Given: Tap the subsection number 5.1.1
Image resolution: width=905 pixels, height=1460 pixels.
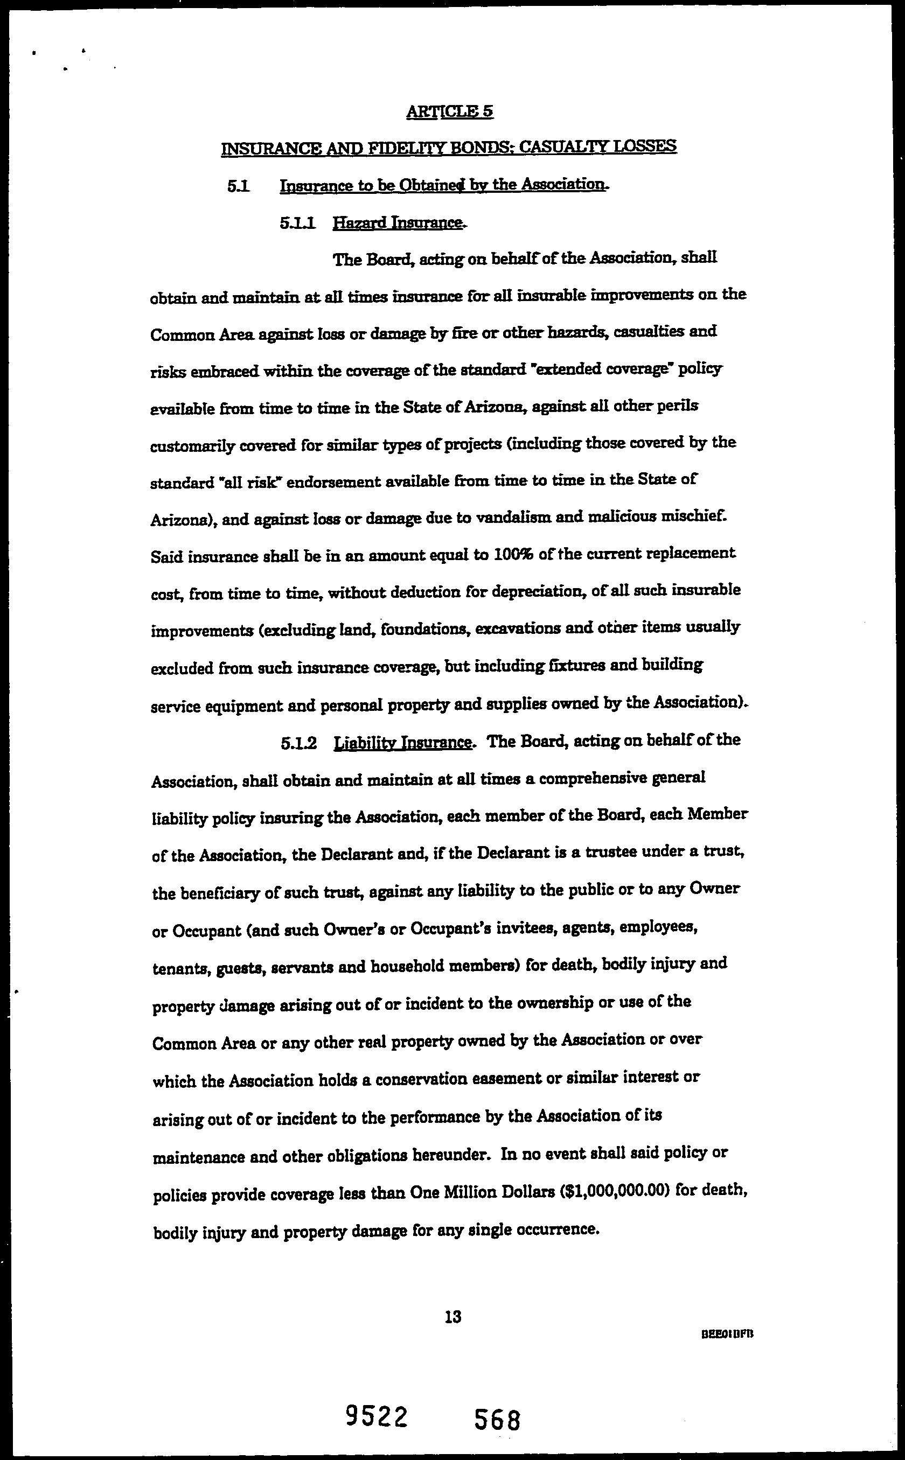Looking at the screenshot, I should pos(297,223).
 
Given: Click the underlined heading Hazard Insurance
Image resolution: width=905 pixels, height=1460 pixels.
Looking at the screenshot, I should pos(399,223).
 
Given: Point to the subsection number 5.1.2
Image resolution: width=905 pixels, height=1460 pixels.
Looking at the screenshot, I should pos(298,743).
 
